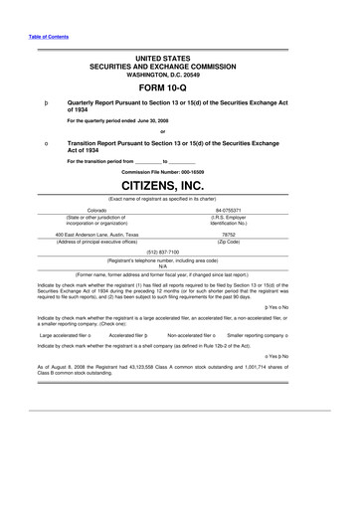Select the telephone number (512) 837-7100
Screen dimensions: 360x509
pyautogui.click(x=180, y=252)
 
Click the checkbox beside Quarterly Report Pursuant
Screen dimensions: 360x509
pyautogui.click(x=47, y=102)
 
